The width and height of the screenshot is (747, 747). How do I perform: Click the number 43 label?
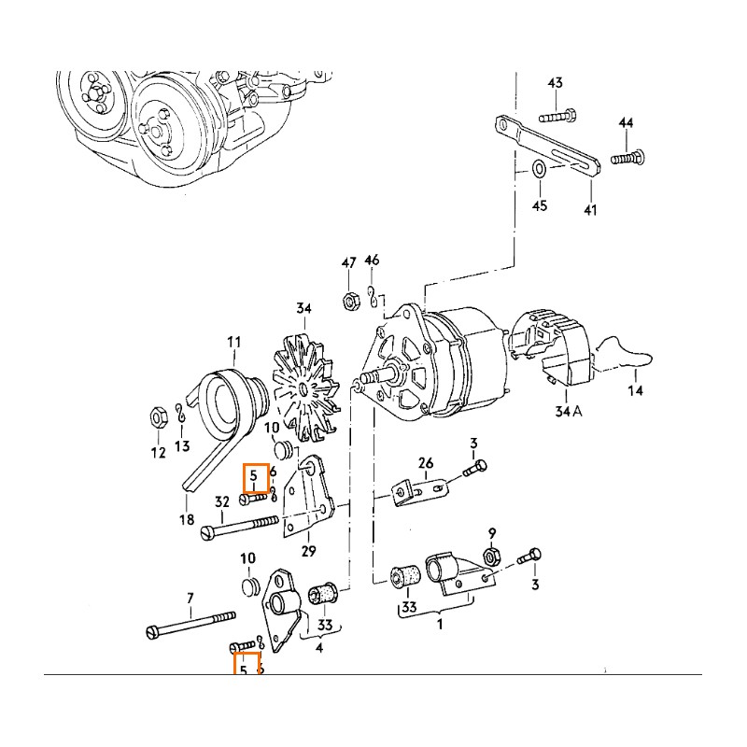pos(555,84)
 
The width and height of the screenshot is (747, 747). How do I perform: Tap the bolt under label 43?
pos(557,117)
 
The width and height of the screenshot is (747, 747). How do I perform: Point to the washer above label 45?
pos(540,170)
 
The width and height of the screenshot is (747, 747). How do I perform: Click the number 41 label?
pos(589,210)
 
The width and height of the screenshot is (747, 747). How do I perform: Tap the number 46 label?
pos(372,261)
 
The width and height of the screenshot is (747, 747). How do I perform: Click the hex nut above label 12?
pos(159,414)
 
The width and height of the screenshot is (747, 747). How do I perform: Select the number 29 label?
pos(308,551)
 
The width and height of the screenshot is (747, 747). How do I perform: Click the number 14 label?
pos(635,391)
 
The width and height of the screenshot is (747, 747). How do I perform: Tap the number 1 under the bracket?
pos(439,625)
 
